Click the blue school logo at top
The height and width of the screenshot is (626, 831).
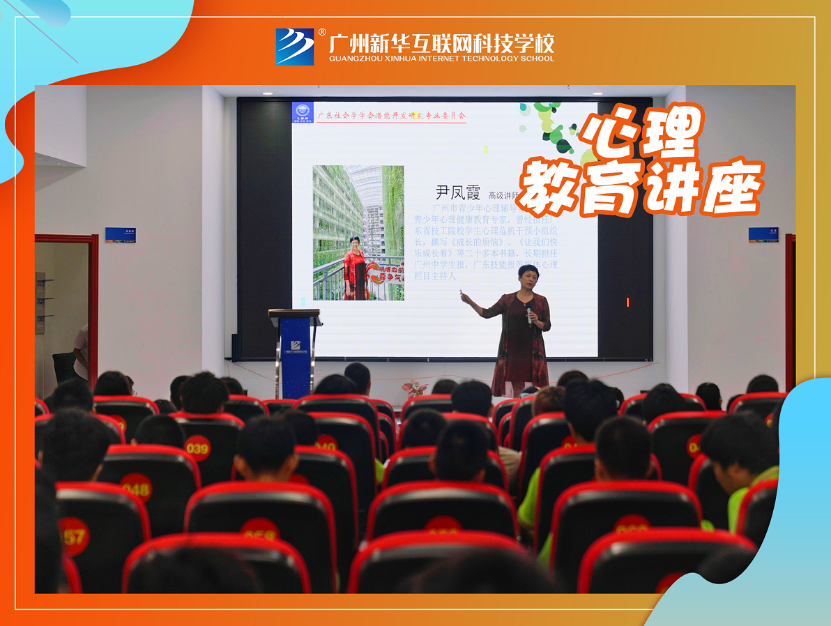[295, 46]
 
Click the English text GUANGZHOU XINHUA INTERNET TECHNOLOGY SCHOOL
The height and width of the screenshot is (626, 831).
[441, 59]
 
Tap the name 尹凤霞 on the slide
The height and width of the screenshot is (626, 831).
[458, 192]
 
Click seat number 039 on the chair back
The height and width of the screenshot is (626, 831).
[197, 448]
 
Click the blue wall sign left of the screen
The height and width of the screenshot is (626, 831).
[120, 234]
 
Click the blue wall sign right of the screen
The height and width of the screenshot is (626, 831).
[763, 234]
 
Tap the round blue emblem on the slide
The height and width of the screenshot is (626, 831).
[303, 112]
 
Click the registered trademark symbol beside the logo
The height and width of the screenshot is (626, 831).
[322, 32]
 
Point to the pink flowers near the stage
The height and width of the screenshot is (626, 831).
[415, 388]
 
